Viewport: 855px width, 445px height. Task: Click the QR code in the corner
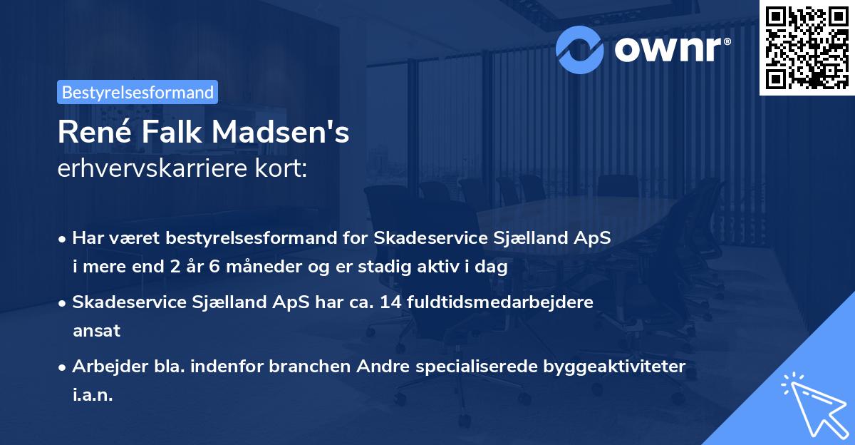[x=807, y=47]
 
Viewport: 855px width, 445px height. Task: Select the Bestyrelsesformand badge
[x=138, y=92]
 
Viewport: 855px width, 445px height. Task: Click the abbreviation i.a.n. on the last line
[x=93, y=394]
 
